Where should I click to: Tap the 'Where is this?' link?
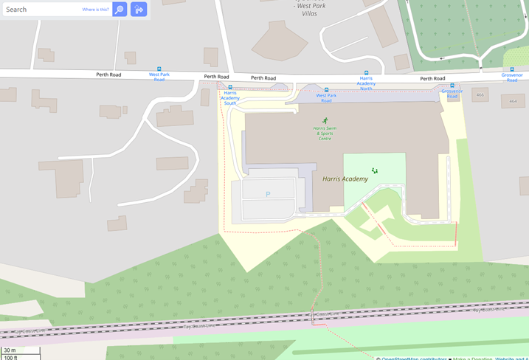tap(95, 10)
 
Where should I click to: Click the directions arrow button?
tap(139, 10)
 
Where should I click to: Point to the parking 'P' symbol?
tap(268, 194)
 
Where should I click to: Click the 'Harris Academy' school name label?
tap(345, 179)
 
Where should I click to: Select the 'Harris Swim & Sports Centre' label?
tap(325, 133)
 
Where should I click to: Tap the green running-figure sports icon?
tap(325, 120)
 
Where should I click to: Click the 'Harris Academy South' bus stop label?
tap(230, 98)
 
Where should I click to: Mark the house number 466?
tap(480, 94)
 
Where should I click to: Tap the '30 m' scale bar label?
tap(10, 350)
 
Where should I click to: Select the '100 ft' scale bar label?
tap(10, 357)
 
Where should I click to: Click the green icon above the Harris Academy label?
tap(375, 170)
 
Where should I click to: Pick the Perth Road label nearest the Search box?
tap(108, 75)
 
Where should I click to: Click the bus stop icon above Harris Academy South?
tap(230, 87)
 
